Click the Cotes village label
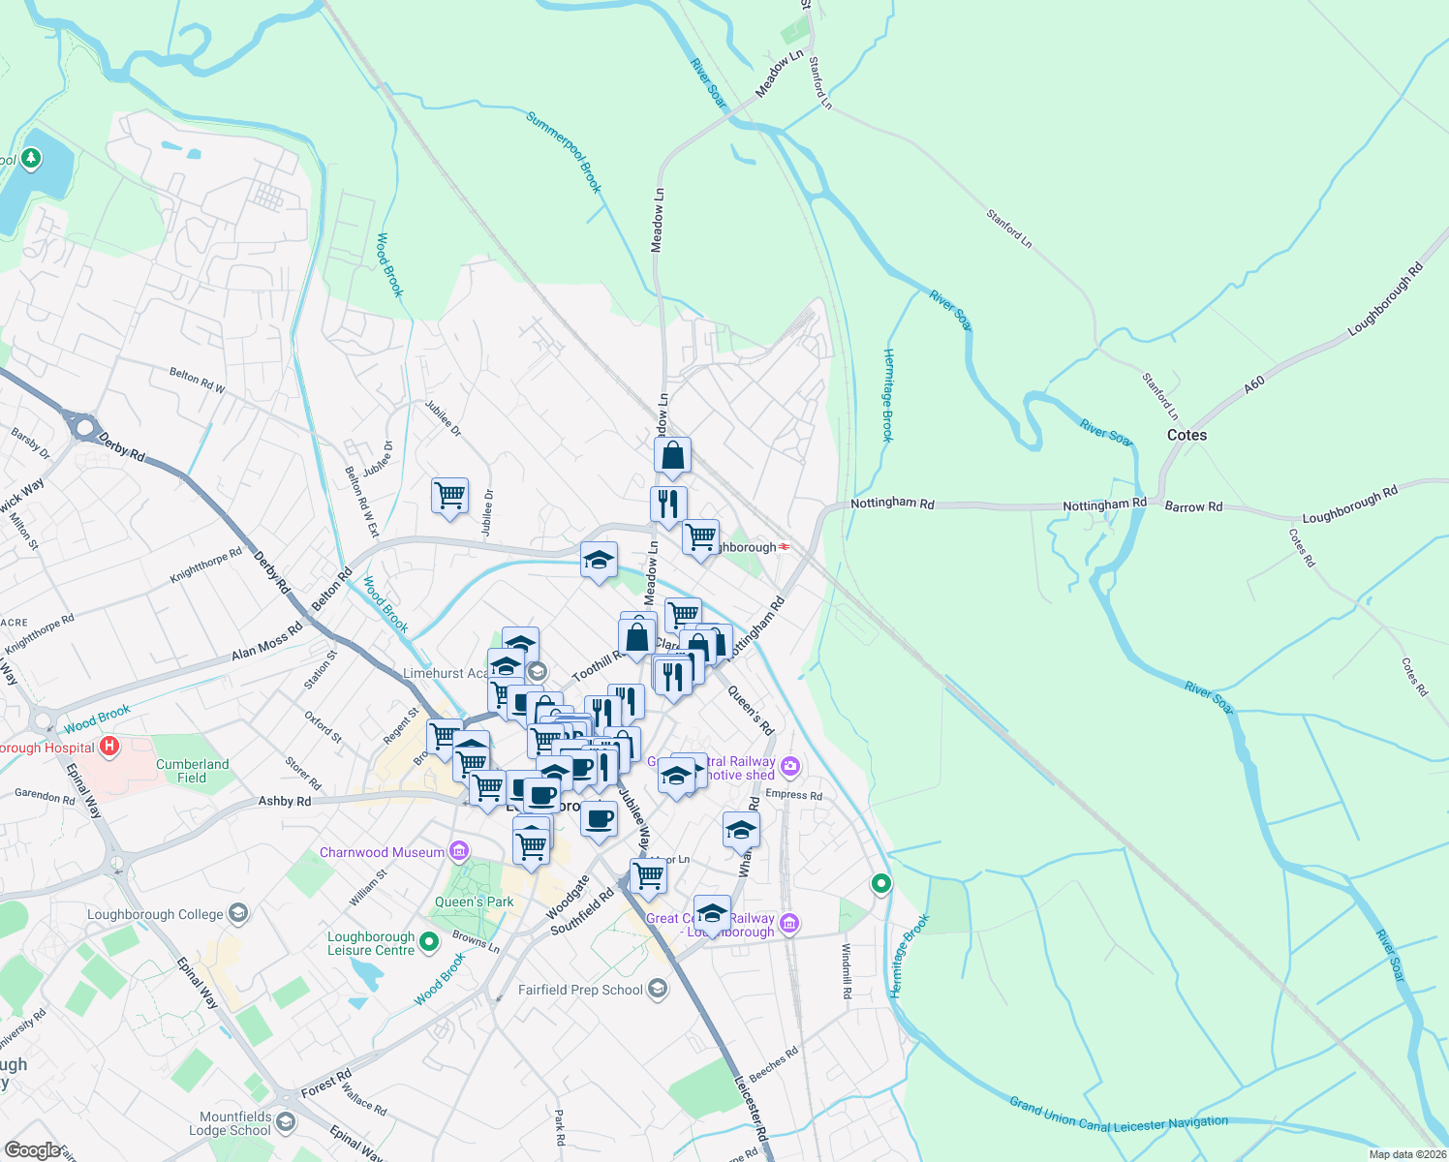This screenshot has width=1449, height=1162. (1187, 435)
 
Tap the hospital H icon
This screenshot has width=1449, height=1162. (109, 747)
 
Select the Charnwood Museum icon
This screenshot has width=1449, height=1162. (459, 852)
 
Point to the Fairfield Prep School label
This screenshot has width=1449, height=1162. (580, 990)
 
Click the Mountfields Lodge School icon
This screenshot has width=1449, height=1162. (285, 1122)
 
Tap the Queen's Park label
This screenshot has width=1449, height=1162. (474, 902)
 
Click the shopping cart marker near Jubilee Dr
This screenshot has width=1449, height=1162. (449, 495)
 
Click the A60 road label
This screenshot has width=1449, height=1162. (1254, 384)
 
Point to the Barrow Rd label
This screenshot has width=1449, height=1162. (1193, 506)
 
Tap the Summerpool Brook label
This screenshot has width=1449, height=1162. (565, 152)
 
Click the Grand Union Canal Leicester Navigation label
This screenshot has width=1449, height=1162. (1119, 1116)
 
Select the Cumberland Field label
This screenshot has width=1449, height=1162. (192, 771)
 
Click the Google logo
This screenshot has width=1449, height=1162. (32, 1149)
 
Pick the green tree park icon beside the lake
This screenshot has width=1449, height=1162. (31, 158)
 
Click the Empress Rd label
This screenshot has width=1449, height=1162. (793, 795)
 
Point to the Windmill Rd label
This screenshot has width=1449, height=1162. (846, 971)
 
